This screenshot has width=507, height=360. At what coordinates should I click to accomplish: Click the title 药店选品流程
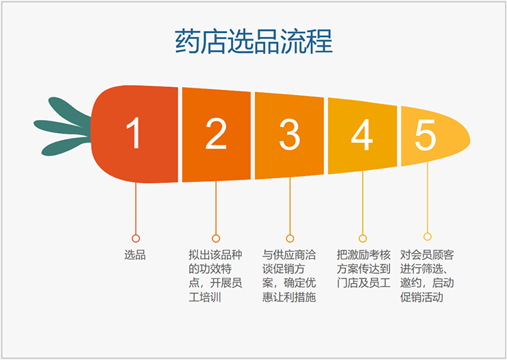point(253,41)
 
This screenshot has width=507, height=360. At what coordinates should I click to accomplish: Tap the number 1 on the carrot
point(134,133)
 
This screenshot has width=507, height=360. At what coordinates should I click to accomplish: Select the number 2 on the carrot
point(216,134)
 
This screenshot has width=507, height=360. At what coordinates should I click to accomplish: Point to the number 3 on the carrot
point(290,134)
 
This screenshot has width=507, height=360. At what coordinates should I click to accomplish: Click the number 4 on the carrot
point(362,134)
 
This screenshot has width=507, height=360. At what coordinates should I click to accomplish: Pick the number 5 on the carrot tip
point(425,135)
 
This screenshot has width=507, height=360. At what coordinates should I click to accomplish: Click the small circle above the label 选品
point(136,239)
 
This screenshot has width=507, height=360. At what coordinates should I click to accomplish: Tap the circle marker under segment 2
point(216,239)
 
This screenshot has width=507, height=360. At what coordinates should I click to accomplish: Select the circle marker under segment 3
point(290,239)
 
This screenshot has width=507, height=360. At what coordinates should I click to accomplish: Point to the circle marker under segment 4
point(363,239)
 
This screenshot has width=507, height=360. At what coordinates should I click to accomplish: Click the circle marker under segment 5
point(428,237)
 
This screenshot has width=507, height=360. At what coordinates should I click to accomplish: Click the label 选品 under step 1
point(135,255)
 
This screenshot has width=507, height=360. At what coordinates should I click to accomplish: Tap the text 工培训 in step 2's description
point(205,297)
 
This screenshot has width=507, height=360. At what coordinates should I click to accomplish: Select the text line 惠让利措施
point(289,297)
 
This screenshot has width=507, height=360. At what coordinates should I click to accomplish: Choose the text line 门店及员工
point(363,283)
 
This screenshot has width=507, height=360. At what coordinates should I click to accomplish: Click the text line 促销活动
point(421,297)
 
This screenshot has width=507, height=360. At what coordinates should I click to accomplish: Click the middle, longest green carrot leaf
point(62,127)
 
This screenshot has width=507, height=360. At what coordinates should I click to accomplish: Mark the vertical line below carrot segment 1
point(136,208)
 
